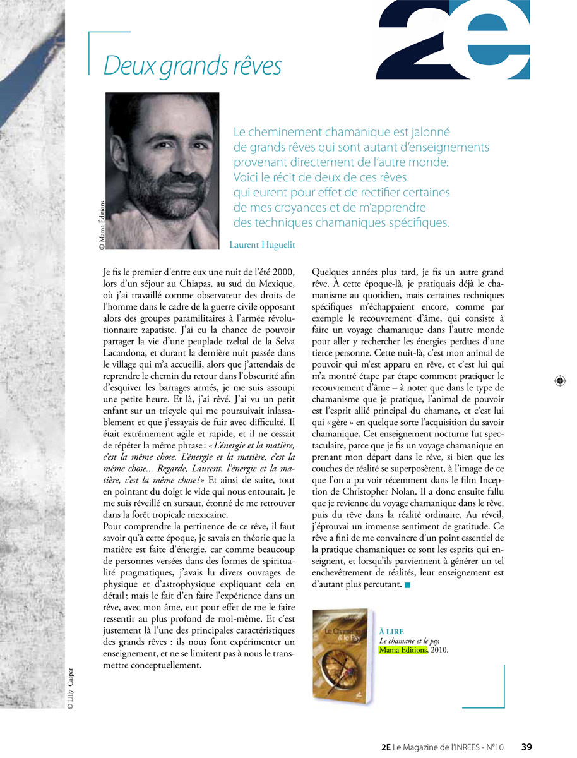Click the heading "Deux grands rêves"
192,66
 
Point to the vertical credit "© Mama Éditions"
102,225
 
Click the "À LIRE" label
391,632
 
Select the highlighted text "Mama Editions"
403,649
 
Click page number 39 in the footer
526,747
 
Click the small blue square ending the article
408,586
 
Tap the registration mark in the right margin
560,381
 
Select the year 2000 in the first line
283,272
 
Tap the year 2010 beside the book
439,649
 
